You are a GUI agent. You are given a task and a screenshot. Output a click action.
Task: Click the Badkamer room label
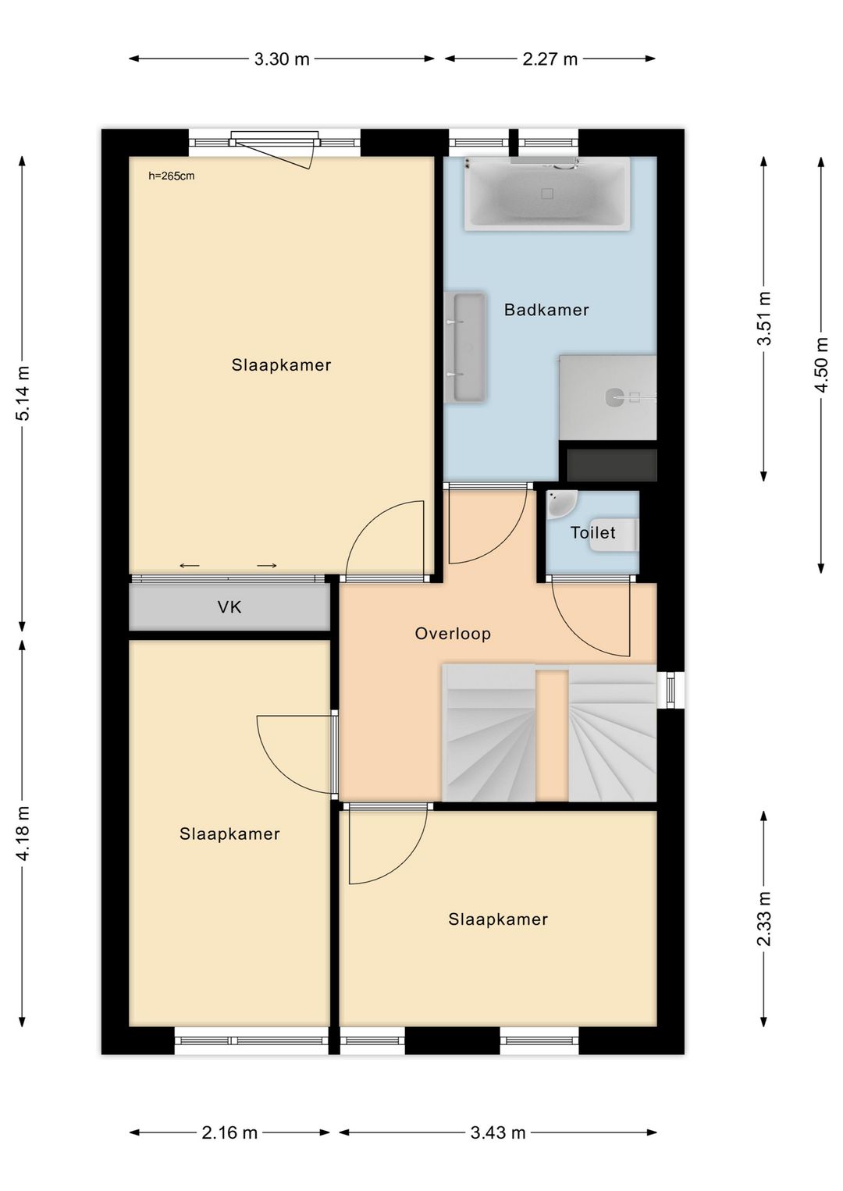point(546,310)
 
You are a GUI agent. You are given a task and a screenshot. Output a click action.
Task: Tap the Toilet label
point(592,533)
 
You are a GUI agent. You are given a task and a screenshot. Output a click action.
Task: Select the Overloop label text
point(453,634)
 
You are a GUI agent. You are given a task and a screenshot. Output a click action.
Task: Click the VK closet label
point(229,607)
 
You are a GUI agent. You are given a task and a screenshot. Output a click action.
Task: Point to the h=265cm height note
point(172,176)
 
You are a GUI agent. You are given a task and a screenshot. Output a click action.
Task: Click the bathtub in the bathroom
point(547,194)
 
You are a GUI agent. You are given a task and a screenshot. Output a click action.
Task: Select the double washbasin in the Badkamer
point(466,347)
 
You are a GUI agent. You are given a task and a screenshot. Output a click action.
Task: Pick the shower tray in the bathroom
point(608,397)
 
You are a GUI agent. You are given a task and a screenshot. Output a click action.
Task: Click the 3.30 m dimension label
point(282,59)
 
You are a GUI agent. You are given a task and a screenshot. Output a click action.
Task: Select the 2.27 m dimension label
point(550,59)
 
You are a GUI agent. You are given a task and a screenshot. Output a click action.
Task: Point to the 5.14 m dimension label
point(23,393)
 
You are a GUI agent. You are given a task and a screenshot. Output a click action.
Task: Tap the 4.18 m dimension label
point(23,834)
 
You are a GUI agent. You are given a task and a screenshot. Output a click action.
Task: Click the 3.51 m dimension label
point(764,318)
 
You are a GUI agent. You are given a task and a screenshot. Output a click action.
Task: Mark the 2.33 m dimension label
point(764,919)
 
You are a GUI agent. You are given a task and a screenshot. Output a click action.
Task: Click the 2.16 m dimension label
point(229,1132)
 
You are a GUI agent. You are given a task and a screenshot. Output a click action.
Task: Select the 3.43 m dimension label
point(498,1132)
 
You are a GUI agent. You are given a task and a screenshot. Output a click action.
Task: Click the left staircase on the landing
point(489,734)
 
